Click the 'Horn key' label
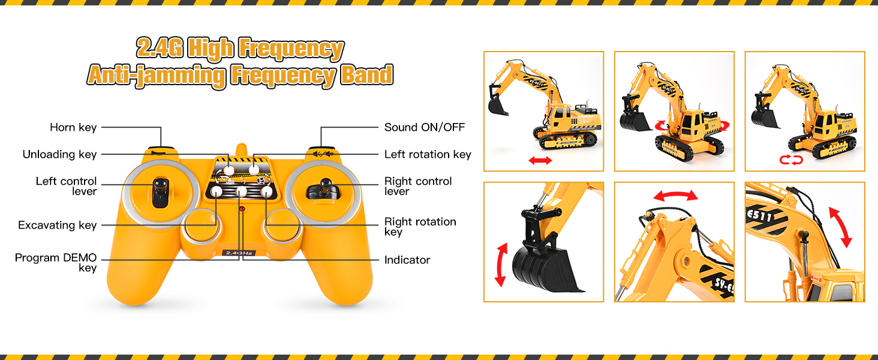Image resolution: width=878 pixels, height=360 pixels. click(73, 127)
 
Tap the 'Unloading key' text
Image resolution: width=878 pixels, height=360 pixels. click(59, 155)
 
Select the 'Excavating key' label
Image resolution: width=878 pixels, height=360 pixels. click(57, 225)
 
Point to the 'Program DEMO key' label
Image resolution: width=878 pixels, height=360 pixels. click(56, 263)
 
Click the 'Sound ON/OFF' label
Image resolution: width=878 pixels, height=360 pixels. click(425, 127)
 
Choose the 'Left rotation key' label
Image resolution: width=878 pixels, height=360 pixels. click(428, 155)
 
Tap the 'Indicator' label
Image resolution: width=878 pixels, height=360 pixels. click(407, 260)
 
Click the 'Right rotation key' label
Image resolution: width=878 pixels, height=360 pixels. click(420, 227)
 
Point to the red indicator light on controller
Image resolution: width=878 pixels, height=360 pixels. click(242, 209)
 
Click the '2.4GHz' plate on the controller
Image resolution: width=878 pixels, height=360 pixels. click(239, 253)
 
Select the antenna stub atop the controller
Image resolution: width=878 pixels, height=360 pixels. click(242, 149)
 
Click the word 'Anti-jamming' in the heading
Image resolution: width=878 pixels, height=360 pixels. click(157, 75)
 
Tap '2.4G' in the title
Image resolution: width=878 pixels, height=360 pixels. click(160, 48)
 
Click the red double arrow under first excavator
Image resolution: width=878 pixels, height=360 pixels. click(540, 160)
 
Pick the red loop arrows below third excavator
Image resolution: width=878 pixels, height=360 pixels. click(791, 160)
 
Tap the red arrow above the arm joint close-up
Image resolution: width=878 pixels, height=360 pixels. click(676, 195)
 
